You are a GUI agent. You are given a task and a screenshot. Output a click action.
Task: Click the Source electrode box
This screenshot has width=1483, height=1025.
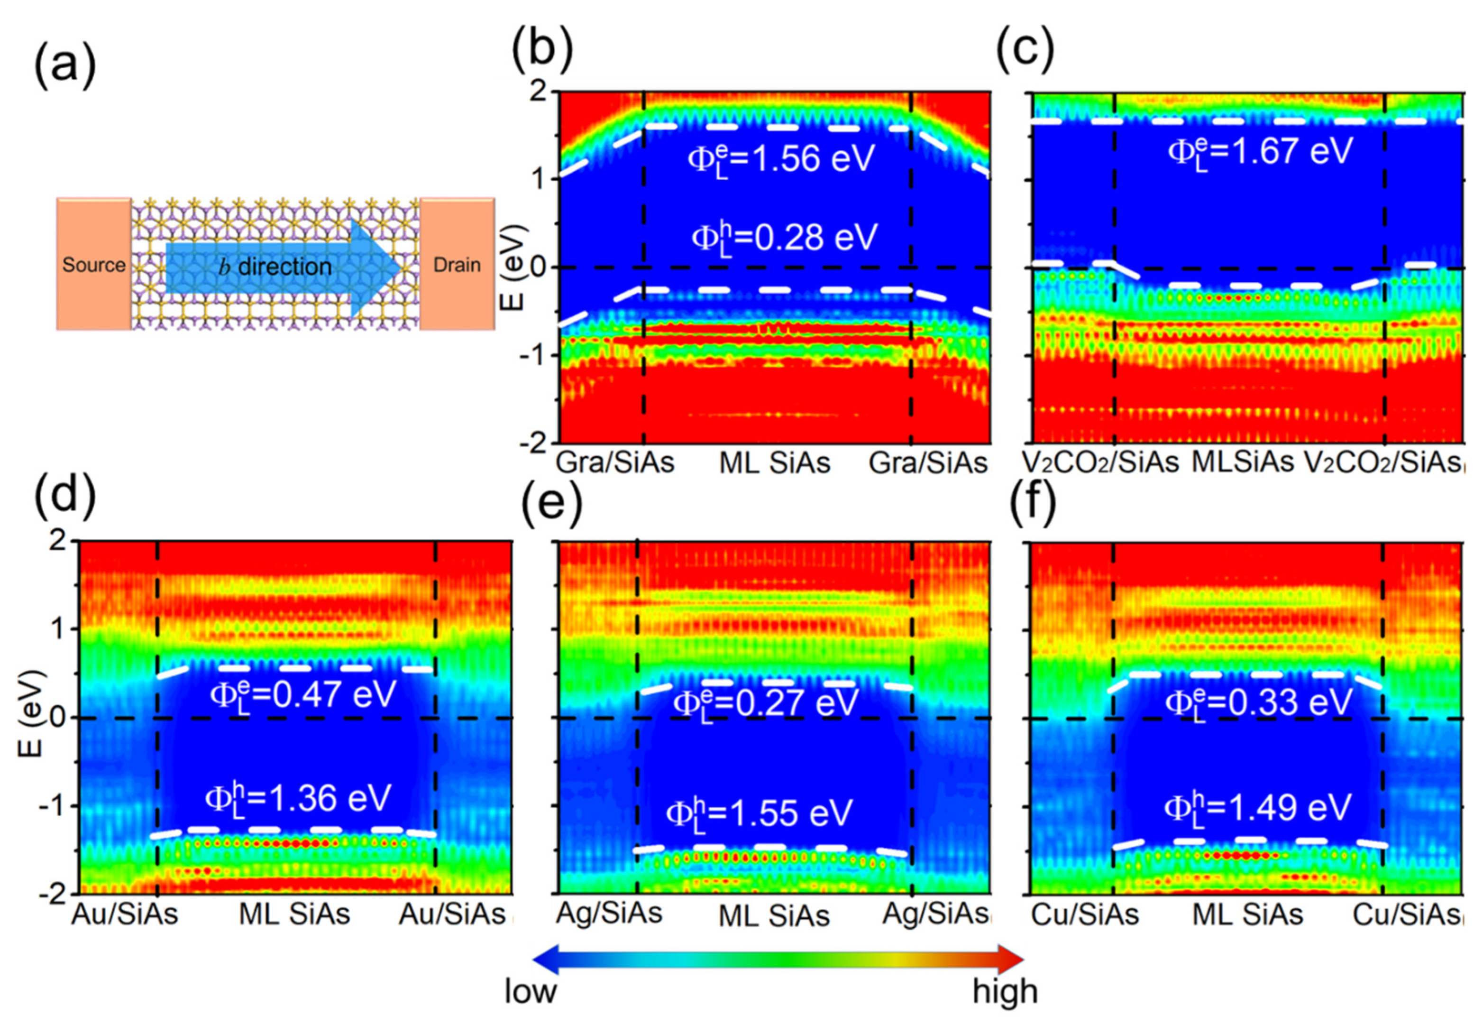coord(94,264)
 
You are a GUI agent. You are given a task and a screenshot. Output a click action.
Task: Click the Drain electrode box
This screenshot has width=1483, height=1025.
coord(457,264)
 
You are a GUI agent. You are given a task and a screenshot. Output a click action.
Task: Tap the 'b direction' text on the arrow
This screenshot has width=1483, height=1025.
coord(276,267)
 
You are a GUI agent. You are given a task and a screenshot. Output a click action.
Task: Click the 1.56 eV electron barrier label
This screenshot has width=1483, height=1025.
coord(781,158)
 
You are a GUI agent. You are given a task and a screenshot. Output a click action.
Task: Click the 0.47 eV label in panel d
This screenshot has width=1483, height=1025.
coord(303,695)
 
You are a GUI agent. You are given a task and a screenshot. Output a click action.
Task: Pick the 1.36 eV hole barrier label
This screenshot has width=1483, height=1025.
coord(297,799)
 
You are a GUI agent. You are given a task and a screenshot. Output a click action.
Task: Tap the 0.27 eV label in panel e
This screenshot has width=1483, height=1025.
coord(765,702)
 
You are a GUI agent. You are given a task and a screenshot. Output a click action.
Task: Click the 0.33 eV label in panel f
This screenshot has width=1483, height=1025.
coord(1258,702)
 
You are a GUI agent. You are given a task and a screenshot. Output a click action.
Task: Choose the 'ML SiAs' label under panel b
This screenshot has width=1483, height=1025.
coord(774,462)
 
